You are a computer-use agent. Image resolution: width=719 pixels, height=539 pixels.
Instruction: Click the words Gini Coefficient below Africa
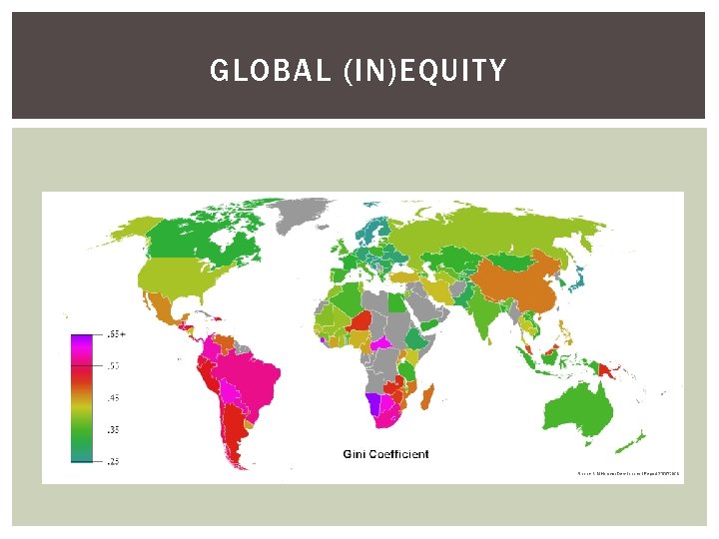(x=385, y=454)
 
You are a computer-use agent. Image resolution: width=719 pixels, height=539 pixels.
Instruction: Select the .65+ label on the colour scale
(x=116, y=335)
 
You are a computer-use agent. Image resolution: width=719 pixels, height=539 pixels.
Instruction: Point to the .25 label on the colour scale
(x=113, y=460)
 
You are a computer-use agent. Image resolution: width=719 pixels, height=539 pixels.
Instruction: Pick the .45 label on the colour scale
(x=113, y=398)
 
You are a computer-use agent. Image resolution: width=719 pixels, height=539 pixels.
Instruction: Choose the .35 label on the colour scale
(x=113, y=429)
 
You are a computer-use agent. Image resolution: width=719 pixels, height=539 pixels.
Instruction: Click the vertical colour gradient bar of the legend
(x=84, y=398)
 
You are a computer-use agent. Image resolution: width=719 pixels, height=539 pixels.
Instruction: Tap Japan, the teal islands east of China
(x=578, y=276)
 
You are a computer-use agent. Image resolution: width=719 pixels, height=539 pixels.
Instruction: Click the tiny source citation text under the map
(x=628, y=473)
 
